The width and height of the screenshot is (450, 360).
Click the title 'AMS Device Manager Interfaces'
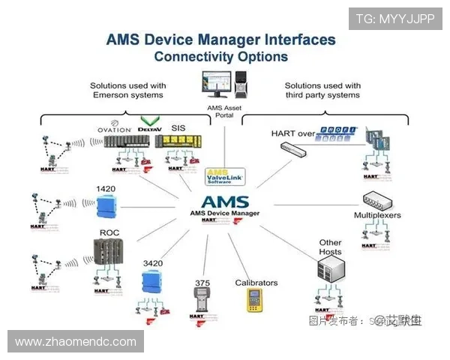[221, 39]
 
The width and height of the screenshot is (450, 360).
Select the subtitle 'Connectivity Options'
[221, 56]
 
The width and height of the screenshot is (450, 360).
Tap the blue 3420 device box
[151, 281]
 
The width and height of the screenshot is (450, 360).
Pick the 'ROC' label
[109, 232]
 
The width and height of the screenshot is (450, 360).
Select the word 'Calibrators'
[256, 283]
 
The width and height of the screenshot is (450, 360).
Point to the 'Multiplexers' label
[377, 215]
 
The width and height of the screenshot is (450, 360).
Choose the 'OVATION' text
[113, 129]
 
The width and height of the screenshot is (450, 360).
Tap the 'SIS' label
[178, 128]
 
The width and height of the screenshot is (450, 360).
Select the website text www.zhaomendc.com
[76, 342]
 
